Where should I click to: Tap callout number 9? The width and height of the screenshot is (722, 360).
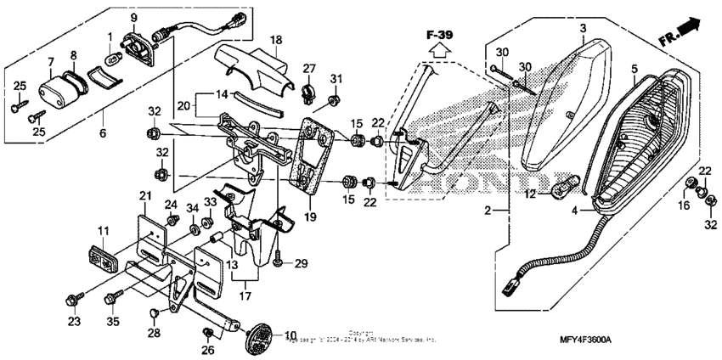click(x=133, y=17)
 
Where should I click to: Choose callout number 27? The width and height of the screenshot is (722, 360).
click(x=308, y=68)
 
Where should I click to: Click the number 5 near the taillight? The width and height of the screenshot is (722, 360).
click(x=634, y=67)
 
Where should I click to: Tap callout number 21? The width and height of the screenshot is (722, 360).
click(x=144, y=196)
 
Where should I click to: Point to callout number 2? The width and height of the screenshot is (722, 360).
click(x=488, y=210)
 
